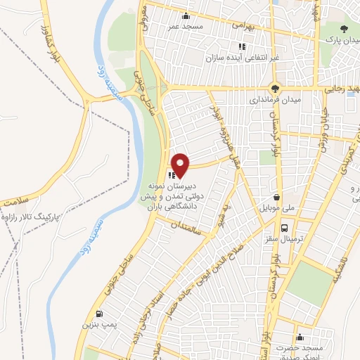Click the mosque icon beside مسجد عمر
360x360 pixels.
pyautogui.click(x=186, y=16)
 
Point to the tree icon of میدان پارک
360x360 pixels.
pyautogui.click(x=344, y=29)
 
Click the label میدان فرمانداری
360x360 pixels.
pyautogui.click(x=275, y=101)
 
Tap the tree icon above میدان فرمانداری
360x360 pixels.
pyautogui.click(x=275, y=89)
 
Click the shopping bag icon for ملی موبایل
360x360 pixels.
pyautogui.click(x=279, y=198)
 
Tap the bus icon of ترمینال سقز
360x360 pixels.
pyautogui.click(x=284, y=229)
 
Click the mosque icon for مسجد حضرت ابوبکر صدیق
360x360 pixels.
pyautogui.click(x=300, y=337)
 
